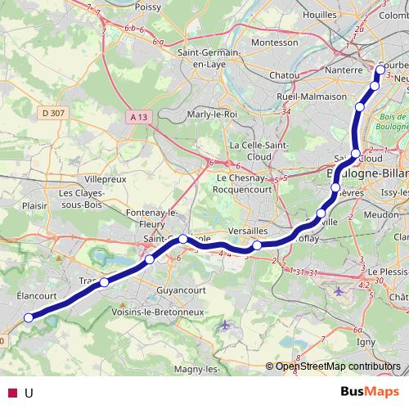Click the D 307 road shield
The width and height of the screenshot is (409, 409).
(51, 113)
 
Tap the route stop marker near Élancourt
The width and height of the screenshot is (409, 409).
(29, 318)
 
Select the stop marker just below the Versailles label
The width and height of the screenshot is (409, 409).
(257, 245)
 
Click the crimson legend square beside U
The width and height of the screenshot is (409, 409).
(11, 393)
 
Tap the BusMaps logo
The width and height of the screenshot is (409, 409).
(363, 392)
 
